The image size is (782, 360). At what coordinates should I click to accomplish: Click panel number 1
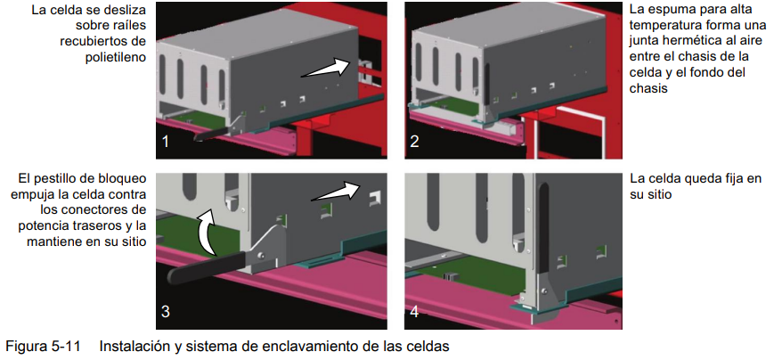click(x=165, y=143)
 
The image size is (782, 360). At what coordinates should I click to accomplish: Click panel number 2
click(x=414, y=143)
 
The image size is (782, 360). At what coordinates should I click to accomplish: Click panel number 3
click(x=166, y=312)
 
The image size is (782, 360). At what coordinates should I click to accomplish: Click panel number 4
click(x=414, y=312)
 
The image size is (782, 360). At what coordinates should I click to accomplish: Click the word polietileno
click(x=116, y=57)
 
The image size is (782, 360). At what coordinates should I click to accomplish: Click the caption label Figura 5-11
click(x=43, y=346)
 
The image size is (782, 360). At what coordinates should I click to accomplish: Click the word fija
click(x=729, y=179)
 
